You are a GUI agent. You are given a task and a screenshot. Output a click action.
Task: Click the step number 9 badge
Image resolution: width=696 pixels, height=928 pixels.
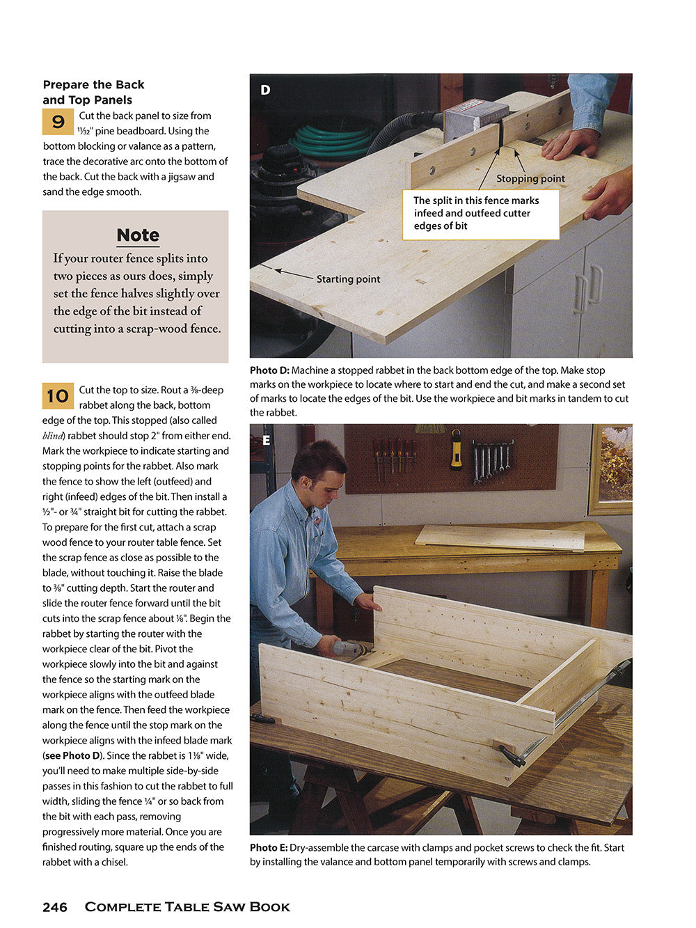click(x=58, y=122)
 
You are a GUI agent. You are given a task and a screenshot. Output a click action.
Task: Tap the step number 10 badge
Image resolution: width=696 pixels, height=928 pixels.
click(x=58, y=396)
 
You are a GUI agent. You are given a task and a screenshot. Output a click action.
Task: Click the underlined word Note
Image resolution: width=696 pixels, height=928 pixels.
click(x=138, y=235)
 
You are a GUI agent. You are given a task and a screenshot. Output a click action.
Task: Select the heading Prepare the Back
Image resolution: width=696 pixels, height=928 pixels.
click(x=93, y=85)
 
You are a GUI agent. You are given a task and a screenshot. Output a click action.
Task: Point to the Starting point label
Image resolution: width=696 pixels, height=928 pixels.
click(x=348, y=279)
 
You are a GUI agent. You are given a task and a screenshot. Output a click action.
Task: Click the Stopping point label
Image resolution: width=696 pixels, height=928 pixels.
click(x=530, y=179)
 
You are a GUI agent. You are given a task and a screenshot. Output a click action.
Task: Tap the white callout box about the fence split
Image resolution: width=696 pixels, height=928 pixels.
click(x=480, y=214)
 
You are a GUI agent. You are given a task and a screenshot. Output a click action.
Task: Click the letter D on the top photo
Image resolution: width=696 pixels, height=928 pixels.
click(x=265, y=90)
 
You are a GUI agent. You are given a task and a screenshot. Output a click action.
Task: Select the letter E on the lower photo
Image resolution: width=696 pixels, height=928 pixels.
click(x=266, y=440)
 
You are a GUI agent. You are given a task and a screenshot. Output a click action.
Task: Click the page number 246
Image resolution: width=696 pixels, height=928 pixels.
click(x=55, y=907)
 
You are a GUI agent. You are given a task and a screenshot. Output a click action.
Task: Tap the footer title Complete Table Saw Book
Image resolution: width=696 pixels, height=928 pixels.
click(x=187, y=907)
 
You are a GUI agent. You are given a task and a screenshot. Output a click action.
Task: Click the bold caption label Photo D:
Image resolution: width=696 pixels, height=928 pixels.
click(x=269, y=370)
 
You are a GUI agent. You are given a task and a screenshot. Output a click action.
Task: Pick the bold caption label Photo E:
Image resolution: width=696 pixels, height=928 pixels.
click(x=269, y=848)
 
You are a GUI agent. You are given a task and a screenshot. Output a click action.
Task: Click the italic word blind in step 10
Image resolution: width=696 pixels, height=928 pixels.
click(x=54, y=436)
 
